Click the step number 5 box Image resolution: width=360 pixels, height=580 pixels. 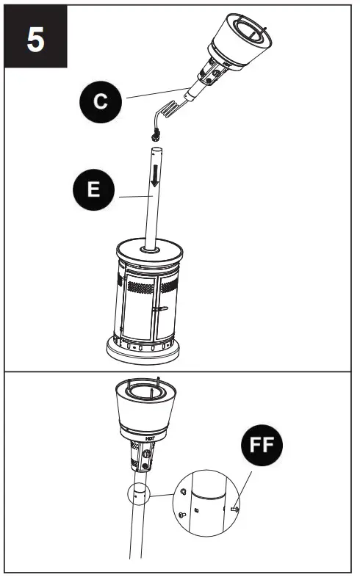click(35, 39)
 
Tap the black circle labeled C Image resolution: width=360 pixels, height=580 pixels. click(102, 101)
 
